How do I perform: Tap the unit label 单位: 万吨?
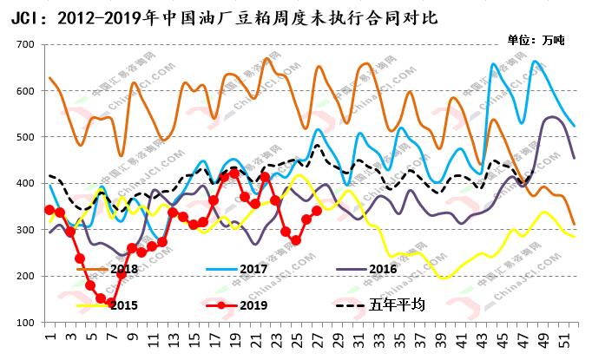click(536, 40)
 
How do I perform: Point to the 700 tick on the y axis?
click(23, 44)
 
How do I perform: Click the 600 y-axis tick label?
click(23, 91)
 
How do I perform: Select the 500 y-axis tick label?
click(23, 137)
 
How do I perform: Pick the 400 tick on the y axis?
click(23, 184)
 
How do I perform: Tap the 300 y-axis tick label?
click(23, 230)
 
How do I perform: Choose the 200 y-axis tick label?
click(23, 277)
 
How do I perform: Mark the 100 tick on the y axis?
click(23, 323)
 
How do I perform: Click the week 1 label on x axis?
click(49, 336)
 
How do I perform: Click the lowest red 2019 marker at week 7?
click(111, 304)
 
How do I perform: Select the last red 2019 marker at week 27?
click(317, 211)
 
